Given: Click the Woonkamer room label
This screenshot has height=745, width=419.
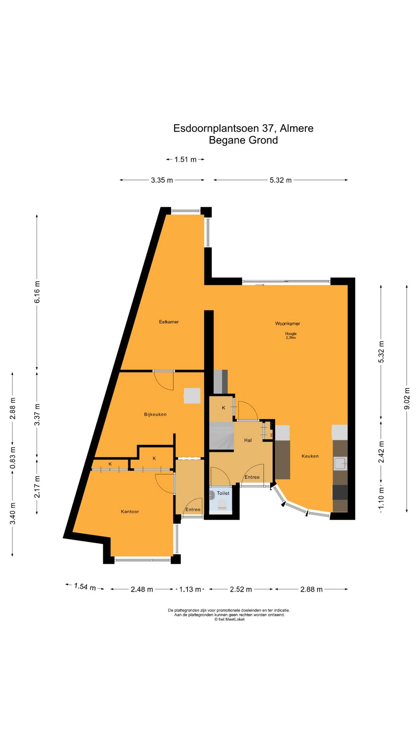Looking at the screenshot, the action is pos(287,323).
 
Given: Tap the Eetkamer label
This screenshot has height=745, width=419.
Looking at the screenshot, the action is pos(169,322).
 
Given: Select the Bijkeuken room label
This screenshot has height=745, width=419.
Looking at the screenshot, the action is pos(155,414).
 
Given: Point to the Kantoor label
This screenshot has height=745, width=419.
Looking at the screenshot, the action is pos(130,511).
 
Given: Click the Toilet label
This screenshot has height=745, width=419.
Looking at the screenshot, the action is pos(223,493).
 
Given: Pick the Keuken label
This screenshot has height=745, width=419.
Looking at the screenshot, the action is pos(310,456).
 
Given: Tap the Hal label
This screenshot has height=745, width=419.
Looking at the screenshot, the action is pos(248,440).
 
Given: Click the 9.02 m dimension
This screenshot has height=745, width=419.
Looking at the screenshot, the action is pos(407,398).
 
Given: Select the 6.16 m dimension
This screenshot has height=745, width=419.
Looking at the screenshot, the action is pos(37,292).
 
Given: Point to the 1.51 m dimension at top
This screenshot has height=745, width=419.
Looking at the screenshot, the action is pos(185,159).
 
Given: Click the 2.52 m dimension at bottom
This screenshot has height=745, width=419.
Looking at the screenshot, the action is pos(241,589).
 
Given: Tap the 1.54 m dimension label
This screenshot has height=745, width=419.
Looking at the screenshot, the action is pos(85,587).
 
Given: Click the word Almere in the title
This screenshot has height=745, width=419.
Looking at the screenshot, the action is pos(297,128).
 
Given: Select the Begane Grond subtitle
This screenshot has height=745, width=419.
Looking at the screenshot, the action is pos(243,140).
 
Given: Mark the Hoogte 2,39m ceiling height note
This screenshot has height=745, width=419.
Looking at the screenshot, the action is pos(291,336).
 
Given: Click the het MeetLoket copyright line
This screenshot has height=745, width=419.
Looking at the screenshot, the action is pos(229,619).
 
